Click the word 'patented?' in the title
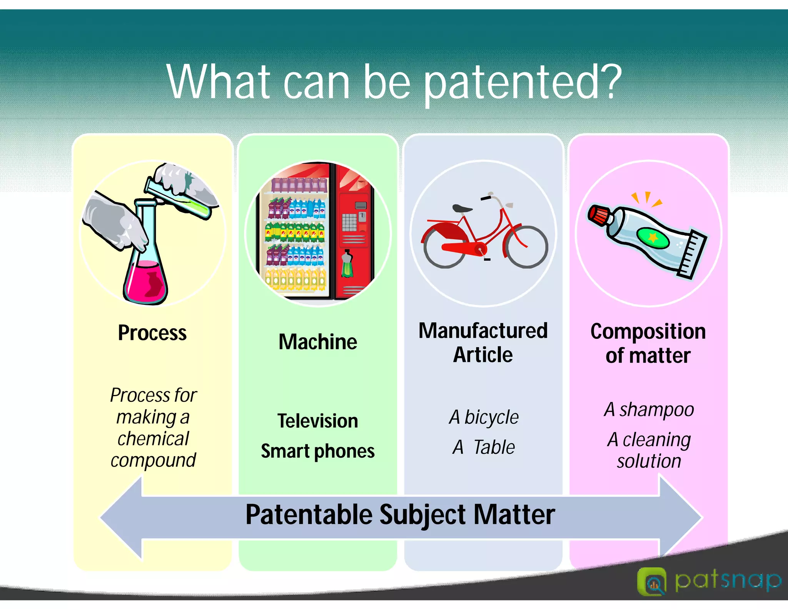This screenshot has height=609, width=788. click(523, 83)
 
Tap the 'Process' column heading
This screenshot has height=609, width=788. click(152, 333)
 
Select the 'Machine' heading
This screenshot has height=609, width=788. click(318, 342)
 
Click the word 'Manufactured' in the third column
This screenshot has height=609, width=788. click(483, 331)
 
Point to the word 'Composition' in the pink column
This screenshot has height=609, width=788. click(648, 331)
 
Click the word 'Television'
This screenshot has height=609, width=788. click(318, 421)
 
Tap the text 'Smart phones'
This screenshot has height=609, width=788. click(318, 451)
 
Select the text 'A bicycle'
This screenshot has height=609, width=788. click(484, 417)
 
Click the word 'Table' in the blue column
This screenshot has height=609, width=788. click(494, 447)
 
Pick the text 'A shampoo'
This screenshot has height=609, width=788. click(649, 410)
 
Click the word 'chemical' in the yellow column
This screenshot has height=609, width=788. click(153, 439)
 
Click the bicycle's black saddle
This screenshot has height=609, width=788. click(462, 209)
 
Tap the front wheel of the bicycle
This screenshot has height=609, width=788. click(526, 247)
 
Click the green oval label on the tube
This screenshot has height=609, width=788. click(653, 238)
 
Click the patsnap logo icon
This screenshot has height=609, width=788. click(651, 581)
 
